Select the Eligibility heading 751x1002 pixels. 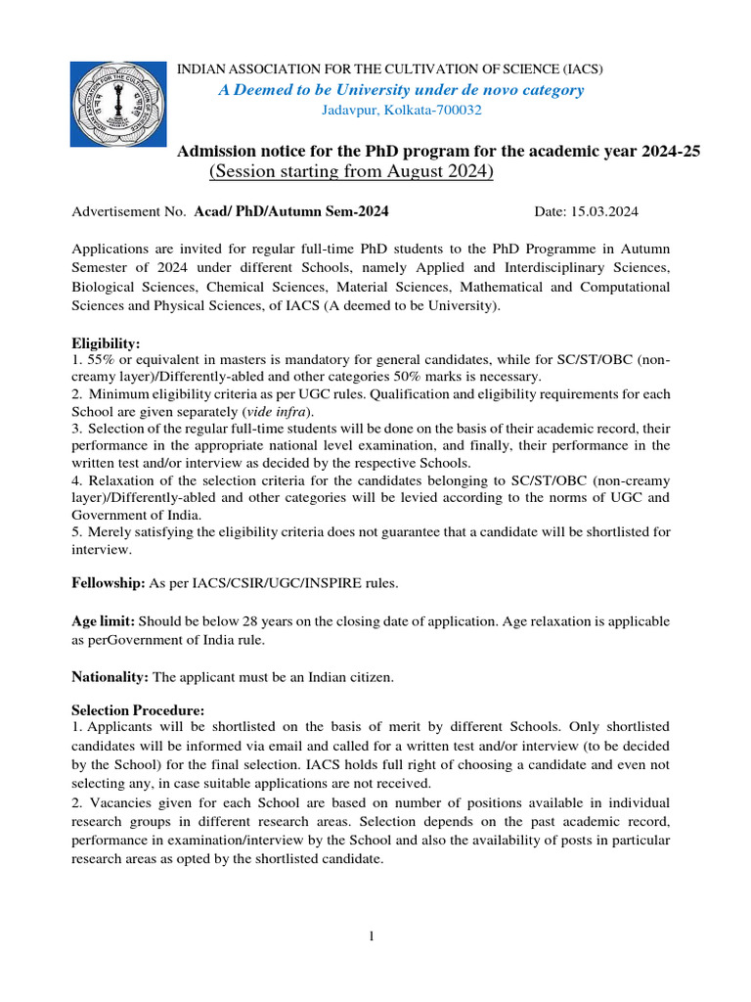[x=107, y=343]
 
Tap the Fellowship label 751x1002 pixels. [x=108, y=583]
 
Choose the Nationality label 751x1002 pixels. [x=110, y=677]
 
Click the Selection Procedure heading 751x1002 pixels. [x=139, y=710]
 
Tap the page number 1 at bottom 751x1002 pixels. [x=373, y=937]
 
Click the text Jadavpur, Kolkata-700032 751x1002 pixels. [x=402, y=110]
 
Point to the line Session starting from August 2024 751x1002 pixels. [x=351, y=172]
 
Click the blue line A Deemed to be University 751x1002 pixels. [x=401, y=90]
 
